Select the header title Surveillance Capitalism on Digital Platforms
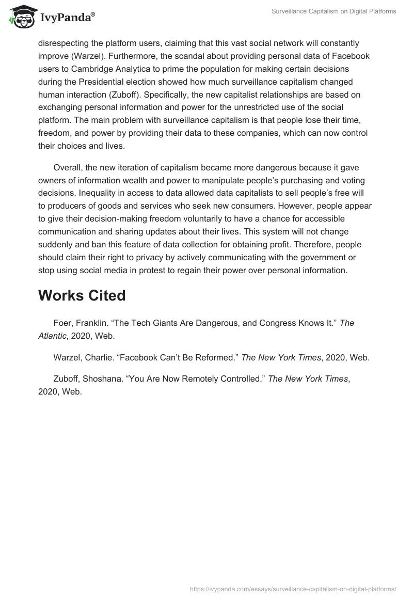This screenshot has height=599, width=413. [334, 11]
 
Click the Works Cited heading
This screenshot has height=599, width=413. [82, 295]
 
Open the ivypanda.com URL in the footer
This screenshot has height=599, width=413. [293, 588]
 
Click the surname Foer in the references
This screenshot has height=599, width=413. [63, 323]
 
